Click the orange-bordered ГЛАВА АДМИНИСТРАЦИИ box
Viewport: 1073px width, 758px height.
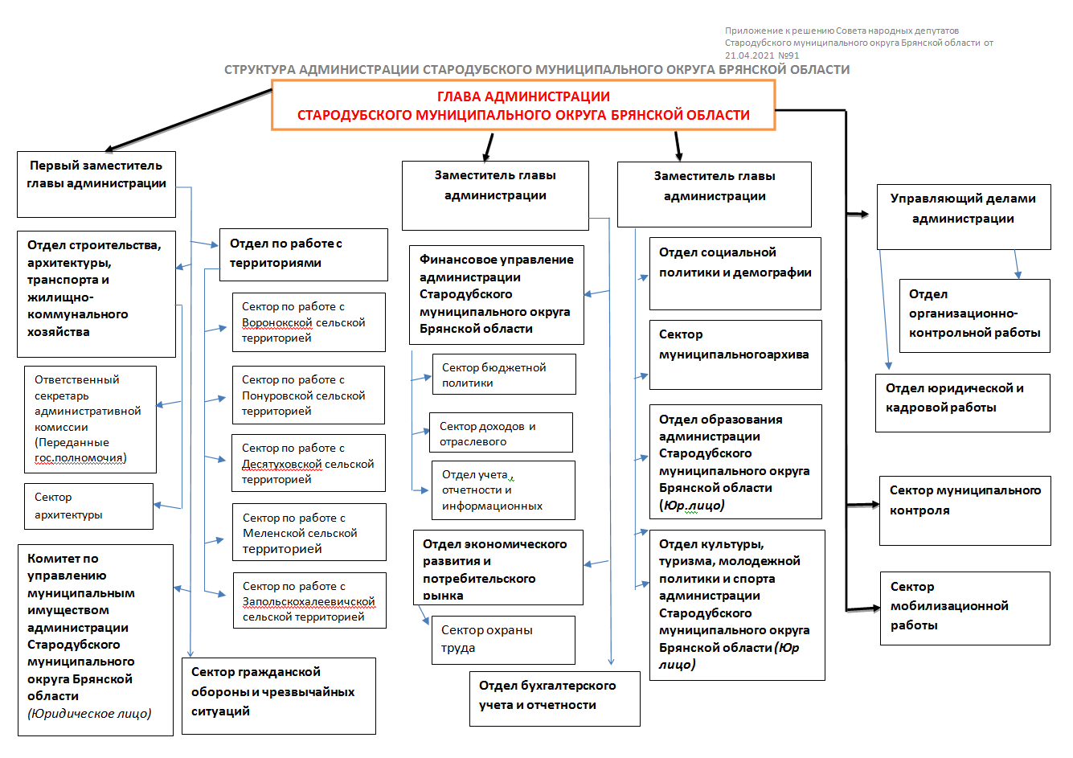pyautogui.click(x=523, y=105)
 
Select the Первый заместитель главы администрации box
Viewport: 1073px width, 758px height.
pyautogui.click(x=96, y=184)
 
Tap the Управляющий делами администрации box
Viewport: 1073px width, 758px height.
pyautogui.click(x=964, y=216)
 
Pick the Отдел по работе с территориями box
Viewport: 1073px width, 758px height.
pyautogui.click(x=304, y=255)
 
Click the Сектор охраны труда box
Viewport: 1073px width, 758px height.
pyautogui.click(x=503, y=640)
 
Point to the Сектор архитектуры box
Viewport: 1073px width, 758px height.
pyautogui.click(x=88, y=506)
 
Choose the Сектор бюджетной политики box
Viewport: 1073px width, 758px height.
pyautogui.click(x=504, y=375)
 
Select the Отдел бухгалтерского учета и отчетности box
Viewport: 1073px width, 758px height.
pyautogui.click(x=555, y=699)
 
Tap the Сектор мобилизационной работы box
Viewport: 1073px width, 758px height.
pyautogui.click(x=964, y=608)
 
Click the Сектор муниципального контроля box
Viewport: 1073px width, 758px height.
pyautogui.click(x=964, y=510)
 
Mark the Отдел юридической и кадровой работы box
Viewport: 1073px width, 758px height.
pyautogui.click(x=963, y=403)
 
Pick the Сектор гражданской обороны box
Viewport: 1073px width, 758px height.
pyautogui.click(x=279, y=696)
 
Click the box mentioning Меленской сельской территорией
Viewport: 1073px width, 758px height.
pyautogui.click(x=309, y=532)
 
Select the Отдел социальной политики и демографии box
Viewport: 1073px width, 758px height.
pyautogui.click(x=735, y=273)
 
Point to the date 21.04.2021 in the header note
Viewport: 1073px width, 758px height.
pyautogui.click(x=749, y=55)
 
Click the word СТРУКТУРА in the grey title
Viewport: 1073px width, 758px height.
pyautogui.click(x=260, y=70)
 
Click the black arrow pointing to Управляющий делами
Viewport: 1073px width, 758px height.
pyautogui.click(x=858, y=214)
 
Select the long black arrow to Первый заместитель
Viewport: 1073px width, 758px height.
pyautogui.click(x=188, y=120)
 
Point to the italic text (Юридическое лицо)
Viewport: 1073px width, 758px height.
pyautogui.click(x=89, y=714)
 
